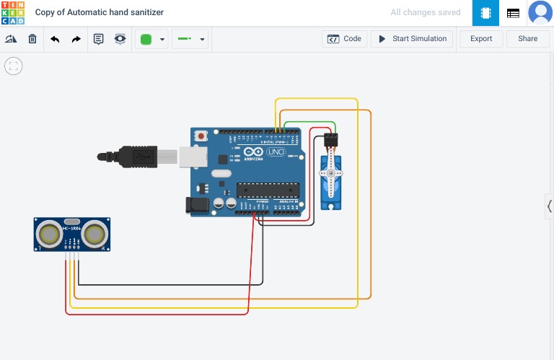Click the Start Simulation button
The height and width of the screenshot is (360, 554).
(x=412, y=39)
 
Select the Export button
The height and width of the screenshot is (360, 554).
(x=481, y=39)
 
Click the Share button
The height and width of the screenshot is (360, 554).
(x=527, y=39)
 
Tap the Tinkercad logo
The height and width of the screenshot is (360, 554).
(x=13, y=13)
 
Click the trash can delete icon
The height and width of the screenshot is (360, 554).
(x=32, y=39)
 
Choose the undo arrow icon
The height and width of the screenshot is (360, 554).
(x=55, y=39)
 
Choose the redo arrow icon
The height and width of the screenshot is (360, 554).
(x=76, y=39)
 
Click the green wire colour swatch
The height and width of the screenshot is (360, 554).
(x=146, y=39)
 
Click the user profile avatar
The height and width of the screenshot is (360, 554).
(x=540, y=13)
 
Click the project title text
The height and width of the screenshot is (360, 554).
(x=100, y=13)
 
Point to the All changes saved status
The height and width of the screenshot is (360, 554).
(x=426, y=13)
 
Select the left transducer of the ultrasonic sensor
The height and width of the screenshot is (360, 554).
(x=50, y=234)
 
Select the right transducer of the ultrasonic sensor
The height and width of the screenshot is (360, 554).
(x=94, y=234)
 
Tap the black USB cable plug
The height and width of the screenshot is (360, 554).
(x=133, y=155)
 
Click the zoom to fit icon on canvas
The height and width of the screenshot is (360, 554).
(x=13, y=66)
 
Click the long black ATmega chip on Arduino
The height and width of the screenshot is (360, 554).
(x=268, y=190)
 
